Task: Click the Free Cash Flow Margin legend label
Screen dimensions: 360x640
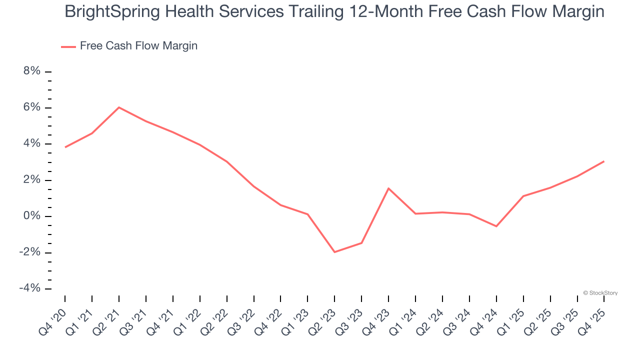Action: pos(138,46)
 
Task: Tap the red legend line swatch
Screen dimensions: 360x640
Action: pos(68,46)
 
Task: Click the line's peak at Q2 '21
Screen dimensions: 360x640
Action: pos(119,107)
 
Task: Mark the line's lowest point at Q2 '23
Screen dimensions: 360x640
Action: pos(334,252)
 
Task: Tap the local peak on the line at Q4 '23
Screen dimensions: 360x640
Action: pos(388,188)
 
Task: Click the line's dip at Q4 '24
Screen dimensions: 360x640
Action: pos(496,226)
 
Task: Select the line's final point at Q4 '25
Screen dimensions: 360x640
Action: pos(604,161)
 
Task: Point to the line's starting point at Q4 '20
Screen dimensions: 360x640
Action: pos(65,147)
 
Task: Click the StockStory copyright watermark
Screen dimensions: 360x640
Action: pos(600,293)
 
